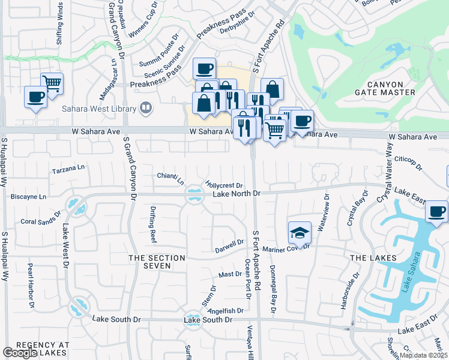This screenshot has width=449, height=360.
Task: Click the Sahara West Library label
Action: tap(98, 109)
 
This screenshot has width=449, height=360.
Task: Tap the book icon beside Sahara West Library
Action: tap(145, 108)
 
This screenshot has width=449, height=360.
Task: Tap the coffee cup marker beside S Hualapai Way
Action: tap(35, 97)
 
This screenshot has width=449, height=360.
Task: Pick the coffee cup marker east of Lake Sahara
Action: tap(436, 212)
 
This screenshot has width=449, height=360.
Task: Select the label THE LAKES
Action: tap(373, 258)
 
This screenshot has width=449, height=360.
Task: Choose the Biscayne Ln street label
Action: tap(28, 196)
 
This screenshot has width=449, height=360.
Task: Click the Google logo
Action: tap(20, 353)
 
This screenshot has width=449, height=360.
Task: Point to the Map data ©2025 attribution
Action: tap(423, 355)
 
